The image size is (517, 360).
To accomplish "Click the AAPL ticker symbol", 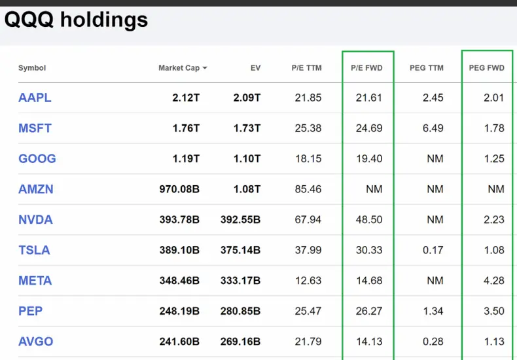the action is click(35, 98).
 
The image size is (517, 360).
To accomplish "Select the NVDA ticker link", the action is click(35, 219).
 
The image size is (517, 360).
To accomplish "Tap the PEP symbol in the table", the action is click(30, 311).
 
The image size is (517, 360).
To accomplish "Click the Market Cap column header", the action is click(179, 68).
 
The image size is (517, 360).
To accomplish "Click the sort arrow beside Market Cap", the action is click(205, 68).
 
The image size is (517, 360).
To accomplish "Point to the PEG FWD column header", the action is click(487, 68).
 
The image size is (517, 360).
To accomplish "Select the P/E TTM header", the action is click(307, 68).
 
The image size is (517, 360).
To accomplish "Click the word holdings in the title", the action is click(104, 20).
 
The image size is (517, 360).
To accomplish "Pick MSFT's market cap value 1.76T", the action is click(186, 128).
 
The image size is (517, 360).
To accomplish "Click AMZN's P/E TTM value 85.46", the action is click(308, 189).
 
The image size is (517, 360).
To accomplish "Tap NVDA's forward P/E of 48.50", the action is click(369, 219).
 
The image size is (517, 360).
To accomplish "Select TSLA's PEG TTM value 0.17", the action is click(433, 250).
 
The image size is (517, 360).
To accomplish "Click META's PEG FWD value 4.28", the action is click(494, 281).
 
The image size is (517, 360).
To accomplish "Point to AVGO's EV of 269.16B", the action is click(240, 342).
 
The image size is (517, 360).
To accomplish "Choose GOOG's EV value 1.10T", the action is click(247, 158).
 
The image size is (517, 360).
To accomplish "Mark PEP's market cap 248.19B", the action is click(179, 311).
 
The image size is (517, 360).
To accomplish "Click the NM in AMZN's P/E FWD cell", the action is click(374, 189).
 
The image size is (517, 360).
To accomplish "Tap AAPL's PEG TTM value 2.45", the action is click(433, 98).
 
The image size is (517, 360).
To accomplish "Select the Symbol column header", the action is click(32, 68).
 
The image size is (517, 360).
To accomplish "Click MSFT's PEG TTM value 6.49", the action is click(433, 128).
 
